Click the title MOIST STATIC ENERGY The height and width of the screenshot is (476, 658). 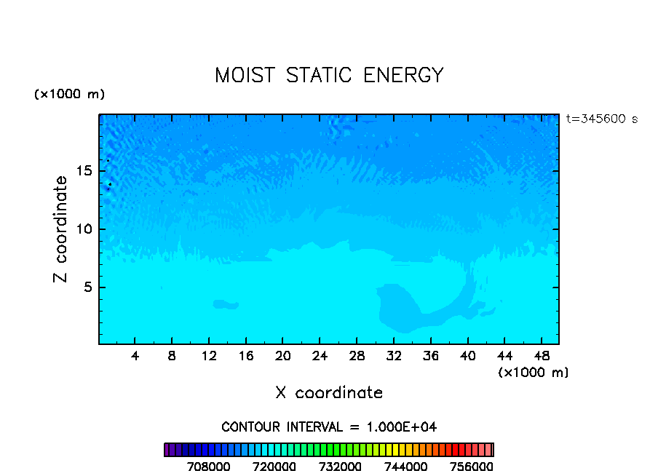tap(329, 75)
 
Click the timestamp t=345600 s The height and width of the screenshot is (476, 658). tap(601, 119)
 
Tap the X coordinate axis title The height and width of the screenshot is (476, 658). tap(329, 392)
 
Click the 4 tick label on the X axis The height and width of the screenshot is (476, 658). tap(135, 356)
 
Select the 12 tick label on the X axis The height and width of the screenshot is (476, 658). tap(209, 356)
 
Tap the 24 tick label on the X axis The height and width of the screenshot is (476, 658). tap(320, 356)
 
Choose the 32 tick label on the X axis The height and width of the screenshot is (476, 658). tap(393, 356)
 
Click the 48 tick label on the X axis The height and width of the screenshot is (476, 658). tap(541, 356)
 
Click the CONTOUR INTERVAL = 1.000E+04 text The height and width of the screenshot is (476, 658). tap(329, 427)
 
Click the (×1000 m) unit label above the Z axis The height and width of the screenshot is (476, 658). tap(70, 95)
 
